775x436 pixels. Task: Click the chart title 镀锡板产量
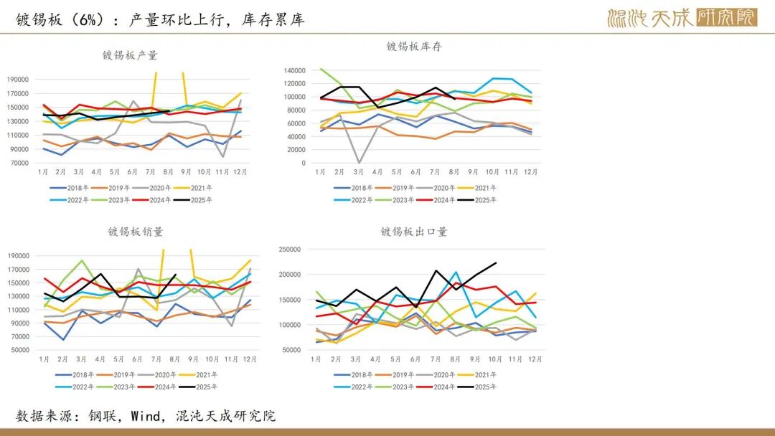[x=130, y=55]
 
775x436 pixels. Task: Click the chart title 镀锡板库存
[x=414, y=47]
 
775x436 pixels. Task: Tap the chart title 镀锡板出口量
[x=414, y=232]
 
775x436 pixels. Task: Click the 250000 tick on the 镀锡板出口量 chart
[x=289, y=250]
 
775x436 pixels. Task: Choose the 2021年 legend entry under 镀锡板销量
[x=203, y=374]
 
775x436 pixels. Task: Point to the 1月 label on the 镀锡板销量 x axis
[x=44, y=359]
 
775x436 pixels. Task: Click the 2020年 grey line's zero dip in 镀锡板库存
[x=359, y=162]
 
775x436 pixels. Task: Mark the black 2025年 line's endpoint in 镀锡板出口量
[x=496, y=263]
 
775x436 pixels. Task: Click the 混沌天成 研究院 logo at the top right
[x=682, y=17]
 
